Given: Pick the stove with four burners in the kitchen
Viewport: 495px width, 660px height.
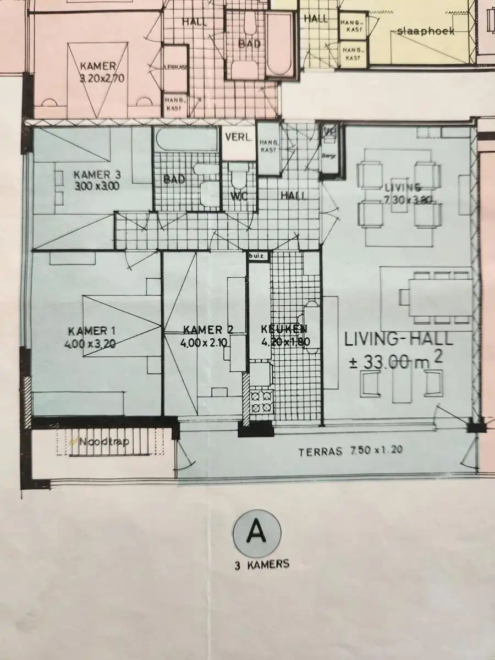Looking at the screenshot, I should coord(262,402).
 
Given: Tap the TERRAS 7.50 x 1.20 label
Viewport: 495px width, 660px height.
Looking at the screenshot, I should coord(350,452).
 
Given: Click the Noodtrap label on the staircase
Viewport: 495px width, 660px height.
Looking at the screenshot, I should coord(101,441).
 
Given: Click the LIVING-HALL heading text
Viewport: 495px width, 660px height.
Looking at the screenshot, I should coord(399,339).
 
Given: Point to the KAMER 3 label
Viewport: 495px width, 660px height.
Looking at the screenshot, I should coord(97,175).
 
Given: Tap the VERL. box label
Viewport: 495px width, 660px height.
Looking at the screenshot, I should coord(238,138).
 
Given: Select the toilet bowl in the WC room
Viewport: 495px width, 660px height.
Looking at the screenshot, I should coord(239,179).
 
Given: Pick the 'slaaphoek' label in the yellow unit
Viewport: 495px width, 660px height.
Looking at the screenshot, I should coord(426,31).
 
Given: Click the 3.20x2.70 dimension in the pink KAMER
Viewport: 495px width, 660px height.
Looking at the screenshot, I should coord(102,78).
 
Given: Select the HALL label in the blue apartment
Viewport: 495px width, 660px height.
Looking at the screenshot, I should coord(293,195).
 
